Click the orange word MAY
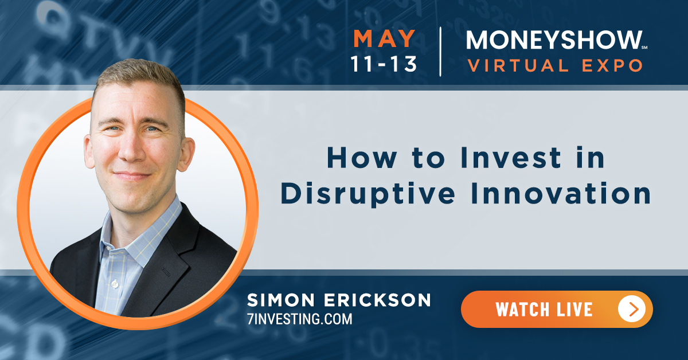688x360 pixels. (x=384, y=39)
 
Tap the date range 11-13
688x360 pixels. (x=384, y=64)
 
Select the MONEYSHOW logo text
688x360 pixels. (x=554, y=40)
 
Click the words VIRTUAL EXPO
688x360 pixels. (x=555, y=65)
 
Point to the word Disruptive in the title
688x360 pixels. (x=368, y=194)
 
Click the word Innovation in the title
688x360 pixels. (x=561, y=193)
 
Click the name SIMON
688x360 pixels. (x=281, y=300)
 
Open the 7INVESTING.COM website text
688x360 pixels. (x=300, y=319)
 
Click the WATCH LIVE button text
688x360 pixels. (x=544, y=310)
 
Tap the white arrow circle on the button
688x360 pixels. (x=632, y=309)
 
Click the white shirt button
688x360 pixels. (x=115, y=284)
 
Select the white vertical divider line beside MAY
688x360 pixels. (x=440, y=52)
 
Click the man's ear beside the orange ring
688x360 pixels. (x=186, y=154)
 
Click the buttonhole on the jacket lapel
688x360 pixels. (x=166, y=272)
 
